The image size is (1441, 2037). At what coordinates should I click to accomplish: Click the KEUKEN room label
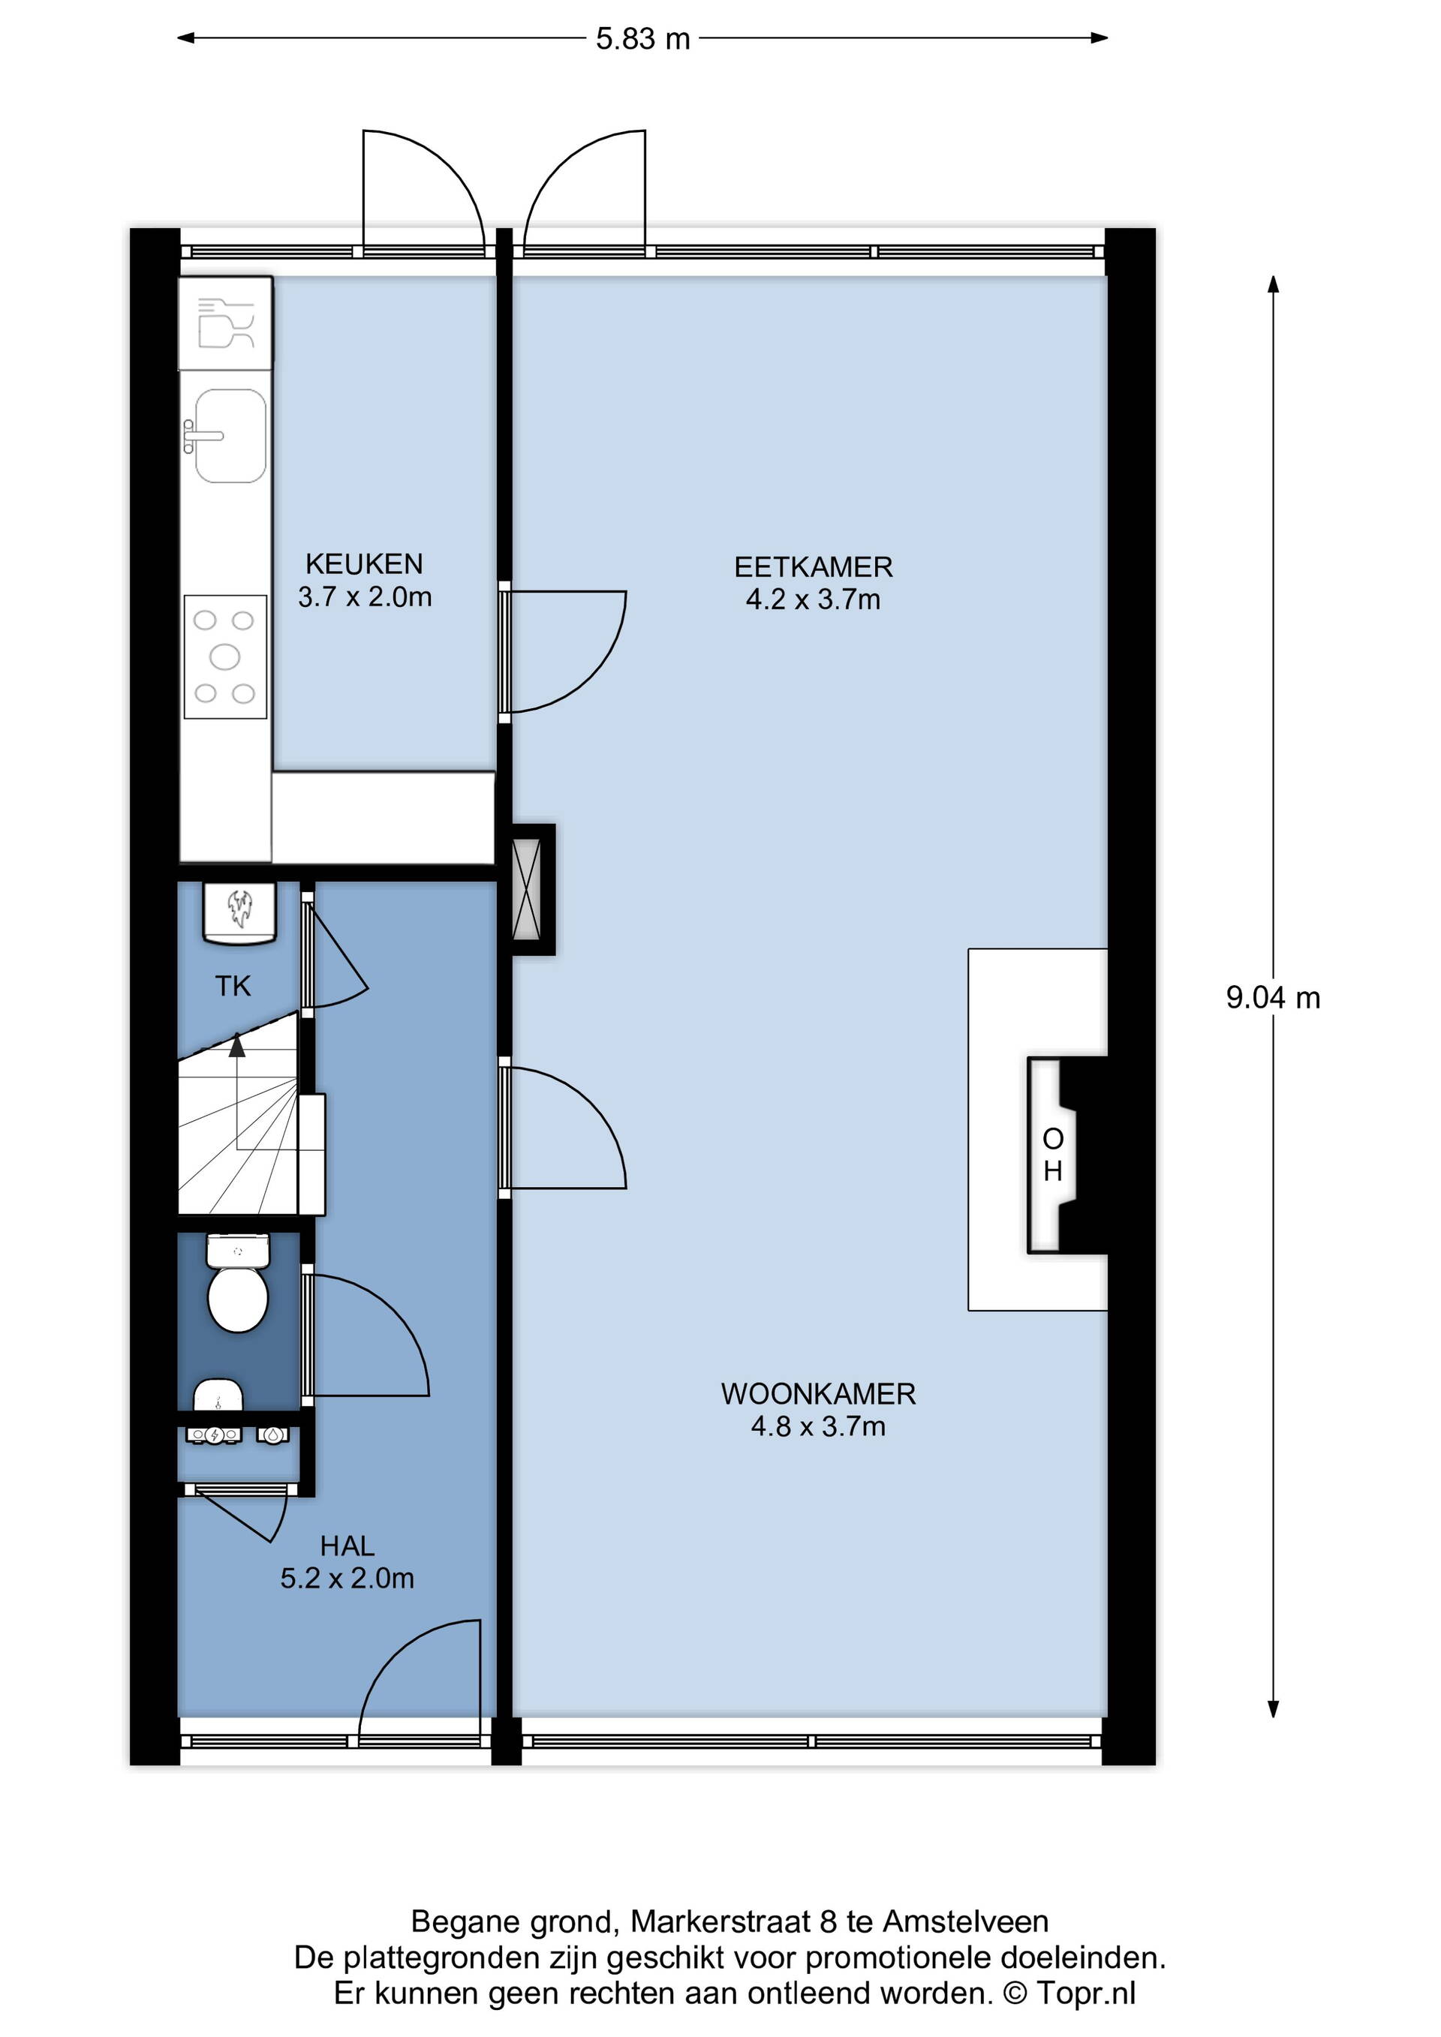364,564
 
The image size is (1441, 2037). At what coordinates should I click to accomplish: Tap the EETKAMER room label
813,567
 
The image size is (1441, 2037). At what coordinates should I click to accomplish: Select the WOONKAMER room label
818,1394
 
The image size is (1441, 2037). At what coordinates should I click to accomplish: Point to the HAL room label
347,1546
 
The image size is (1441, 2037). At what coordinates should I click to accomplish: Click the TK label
233,986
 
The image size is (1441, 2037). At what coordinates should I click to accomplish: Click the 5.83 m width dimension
642,39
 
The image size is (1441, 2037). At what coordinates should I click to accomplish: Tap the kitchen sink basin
230,436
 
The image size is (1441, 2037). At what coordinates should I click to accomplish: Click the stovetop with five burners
225,656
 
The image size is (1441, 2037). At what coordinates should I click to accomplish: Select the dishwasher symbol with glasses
225,323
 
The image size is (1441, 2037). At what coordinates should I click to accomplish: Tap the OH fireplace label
1053,1155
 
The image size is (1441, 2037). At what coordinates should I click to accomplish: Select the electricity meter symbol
214,1434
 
